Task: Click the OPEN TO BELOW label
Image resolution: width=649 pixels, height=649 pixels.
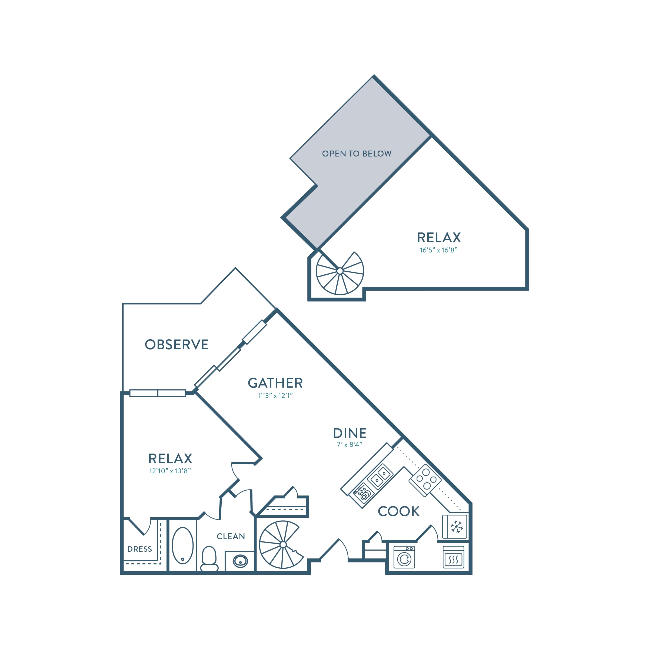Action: [x=357, y=154]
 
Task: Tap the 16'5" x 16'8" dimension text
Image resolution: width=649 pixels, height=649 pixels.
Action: [x=438, y=250]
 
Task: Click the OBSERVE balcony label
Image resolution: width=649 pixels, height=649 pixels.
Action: [x=177, y=345]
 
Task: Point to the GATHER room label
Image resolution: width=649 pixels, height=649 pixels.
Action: [x=275, y=383]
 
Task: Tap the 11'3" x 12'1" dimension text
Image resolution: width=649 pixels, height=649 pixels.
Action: [x=275, y=396]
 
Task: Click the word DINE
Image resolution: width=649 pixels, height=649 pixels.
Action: [x=350, y=433]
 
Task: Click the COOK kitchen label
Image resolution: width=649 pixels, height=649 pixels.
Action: [x=399, y=512]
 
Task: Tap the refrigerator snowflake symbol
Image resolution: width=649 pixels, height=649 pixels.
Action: [x=457, y=527]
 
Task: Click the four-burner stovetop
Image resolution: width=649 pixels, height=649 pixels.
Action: [x=425, y=480]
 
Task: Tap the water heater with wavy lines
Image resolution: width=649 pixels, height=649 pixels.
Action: [x=454, y=557]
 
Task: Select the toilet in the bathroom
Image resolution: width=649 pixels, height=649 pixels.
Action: [x=209, y=559]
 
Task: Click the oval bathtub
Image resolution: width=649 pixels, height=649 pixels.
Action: [x=183, y=545]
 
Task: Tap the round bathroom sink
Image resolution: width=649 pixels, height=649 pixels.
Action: [x=241, y=561]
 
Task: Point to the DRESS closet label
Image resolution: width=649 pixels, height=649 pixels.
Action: [x=140, y=549]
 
